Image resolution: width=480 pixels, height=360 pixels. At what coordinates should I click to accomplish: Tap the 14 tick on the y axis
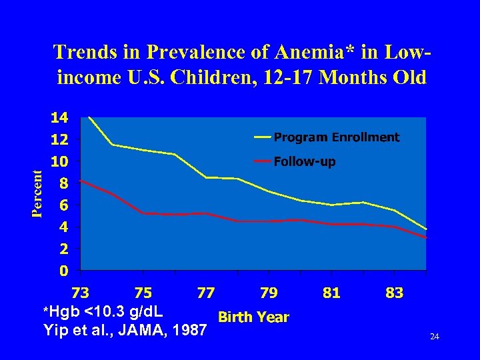tap(59, 118)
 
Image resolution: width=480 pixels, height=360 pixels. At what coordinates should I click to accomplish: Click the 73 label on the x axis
tap(80, 293)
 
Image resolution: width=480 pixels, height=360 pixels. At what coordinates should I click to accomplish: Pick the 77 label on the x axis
tap(206, 293)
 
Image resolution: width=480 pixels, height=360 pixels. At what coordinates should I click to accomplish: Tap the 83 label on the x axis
tap(395, 293)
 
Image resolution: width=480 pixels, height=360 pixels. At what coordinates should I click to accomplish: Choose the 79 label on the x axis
tap(269, 293)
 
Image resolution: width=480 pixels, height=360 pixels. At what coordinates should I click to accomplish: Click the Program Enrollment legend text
tap(337, 137)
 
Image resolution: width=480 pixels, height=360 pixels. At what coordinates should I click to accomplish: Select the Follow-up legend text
tap(305, 161)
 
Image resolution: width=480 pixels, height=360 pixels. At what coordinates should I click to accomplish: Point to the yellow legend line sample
tap(262, 137)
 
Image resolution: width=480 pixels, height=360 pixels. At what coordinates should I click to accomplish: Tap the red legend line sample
tap(262, 161)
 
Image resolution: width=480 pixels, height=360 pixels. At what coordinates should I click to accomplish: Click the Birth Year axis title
tap(254, 317)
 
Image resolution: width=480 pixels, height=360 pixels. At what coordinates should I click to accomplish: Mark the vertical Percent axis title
tap(39, 193)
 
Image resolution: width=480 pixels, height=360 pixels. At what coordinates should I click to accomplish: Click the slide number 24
tap(435, 337)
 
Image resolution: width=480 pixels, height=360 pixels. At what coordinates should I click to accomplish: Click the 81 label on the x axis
tap(331, 293)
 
